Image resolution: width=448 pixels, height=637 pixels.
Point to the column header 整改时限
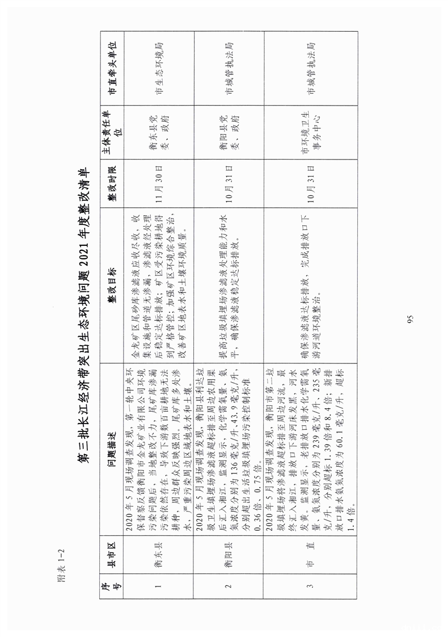112,185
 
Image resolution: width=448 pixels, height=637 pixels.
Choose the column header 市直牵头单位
112,68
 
